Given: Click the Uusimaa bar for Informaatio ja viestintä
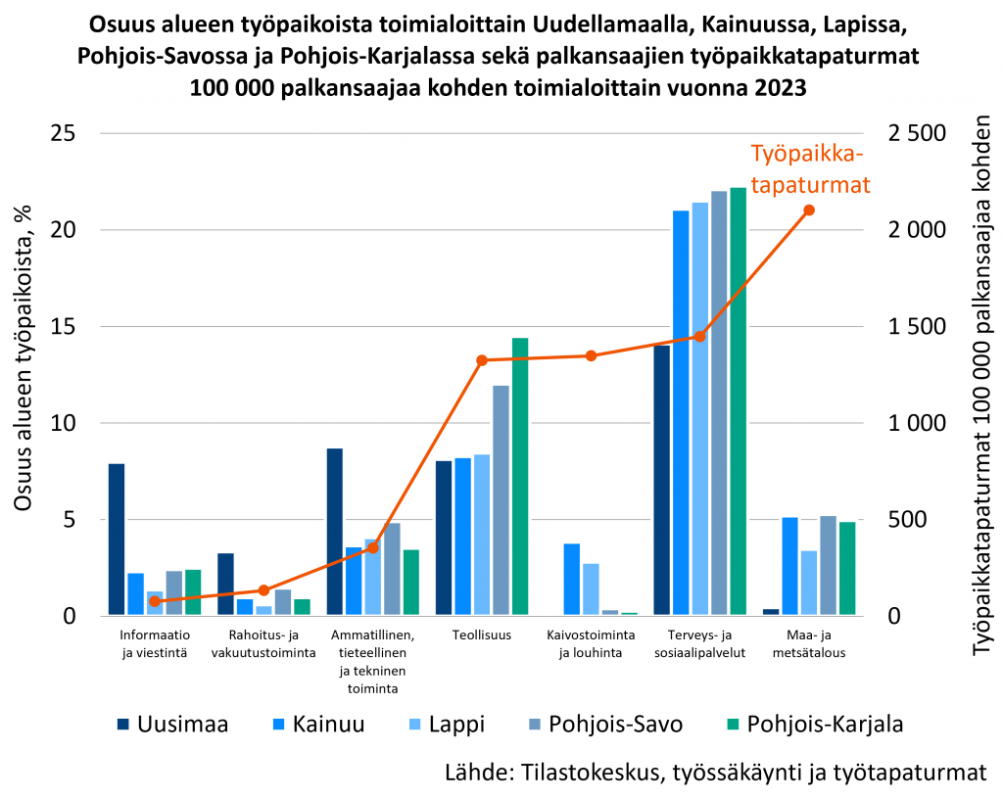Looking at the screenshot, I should tap(116, 540).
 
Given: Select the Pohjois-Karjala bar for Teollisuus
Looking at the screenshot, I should tap(520, 477).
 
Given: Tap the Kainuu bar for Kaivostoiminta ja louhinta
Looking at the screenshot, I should tap(572, 579).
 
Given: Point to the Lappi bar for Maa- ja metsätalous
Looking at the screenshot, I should tap(809, 583).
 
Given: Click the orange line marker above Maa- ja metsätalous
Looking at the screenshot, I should tap(809, 211).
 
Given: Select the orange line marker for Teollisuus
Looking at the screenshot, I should tap(482, 360).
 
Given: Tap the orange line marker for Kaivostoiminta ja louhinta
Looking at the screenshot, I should tap(591, 355).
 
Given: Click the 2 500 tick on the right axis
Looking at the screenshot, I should tap(917, 133).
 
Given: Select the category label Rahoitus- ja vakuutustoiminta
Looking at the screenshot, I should tap(263, 643).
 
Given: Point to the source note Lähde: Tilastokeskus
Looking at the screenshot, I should tap(714, 772).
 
